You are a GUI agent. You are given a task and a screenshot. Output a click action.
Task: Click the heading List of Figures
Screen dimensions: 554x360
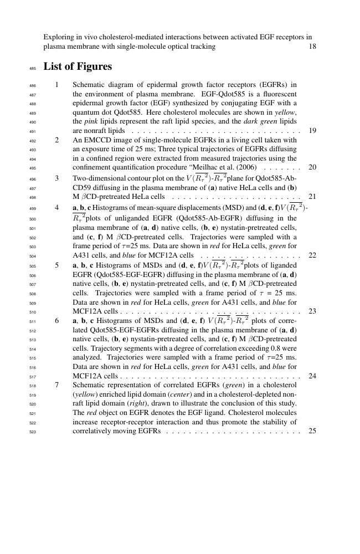78,66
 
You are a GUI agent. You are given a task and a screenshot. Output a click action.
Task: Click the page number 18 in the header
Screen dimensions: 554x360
312,47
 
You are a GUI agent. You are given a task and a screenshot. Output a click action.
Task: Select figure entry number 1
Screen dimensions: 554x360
57,85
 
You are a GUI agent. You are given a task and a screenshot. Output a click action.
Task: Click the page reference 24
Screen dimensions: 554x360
312,376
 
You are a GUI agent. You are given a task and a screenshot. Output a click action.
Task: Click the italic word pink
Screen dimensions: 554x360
80,121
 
